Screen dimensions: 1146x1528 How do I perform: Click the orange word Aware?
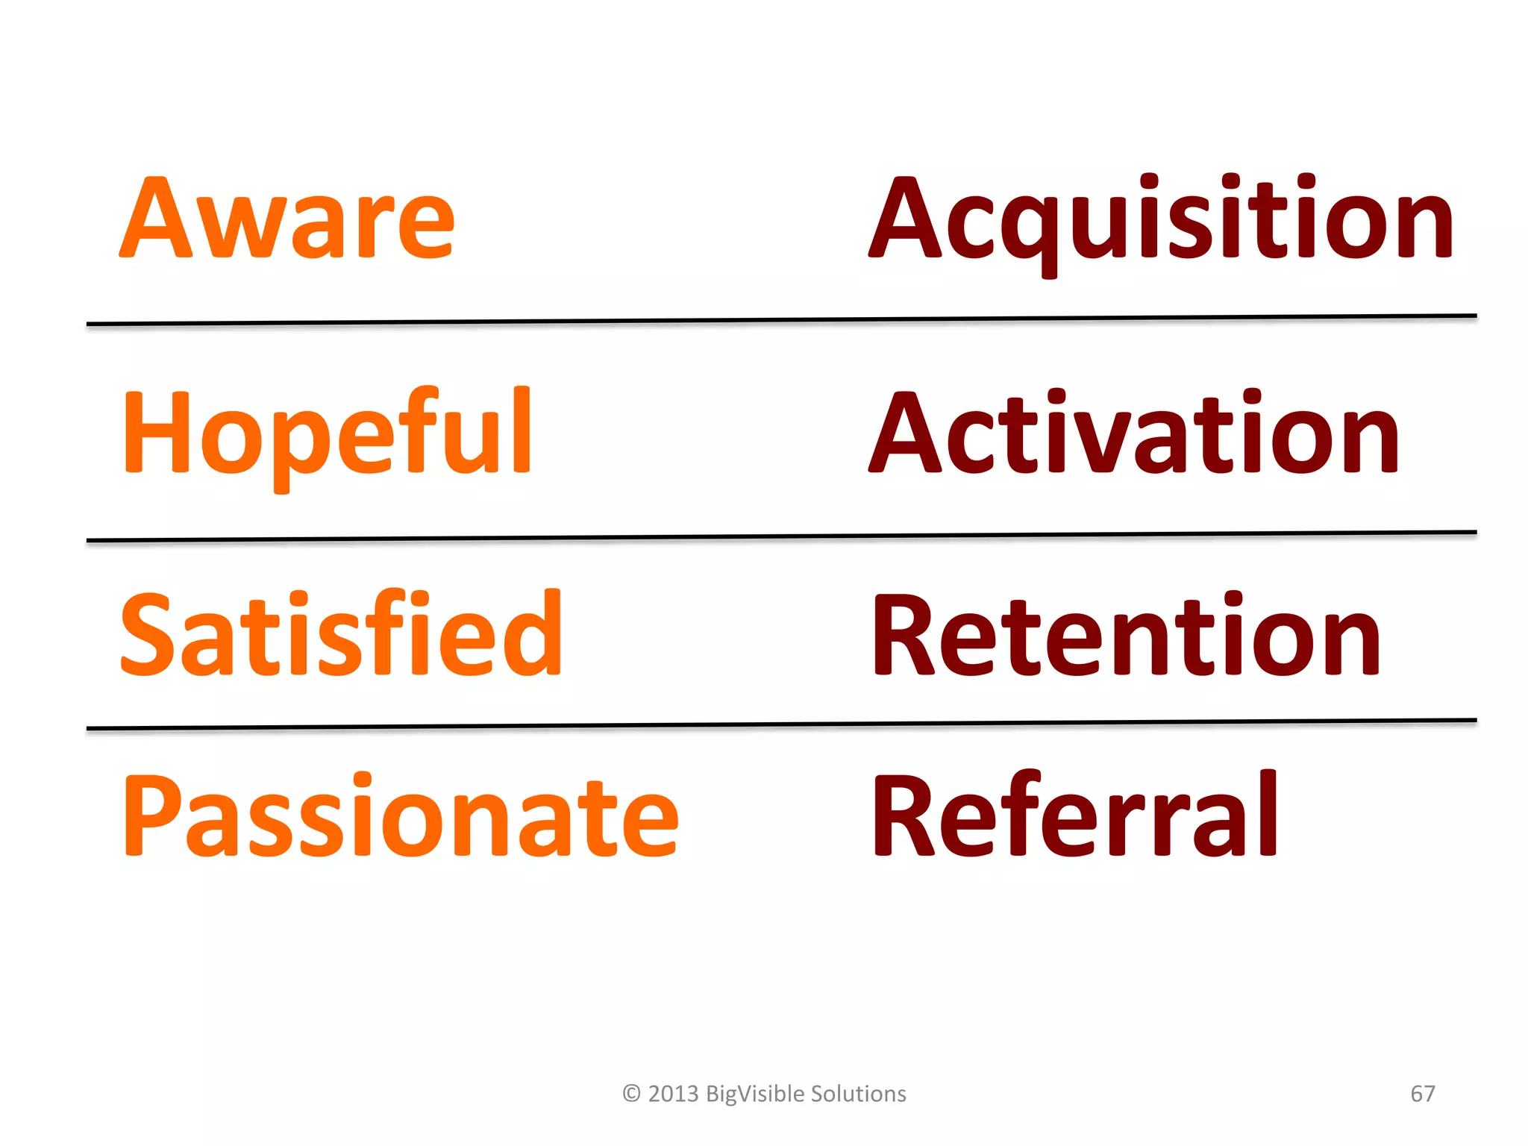pyautogui.click(x=287, y=220)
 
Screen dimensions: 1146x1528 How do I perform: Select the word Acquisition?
pyautogui.click(x=1162, y=220)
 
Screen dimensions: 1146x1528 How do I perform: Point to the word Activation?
pyautogui.click(x=1134, y=433)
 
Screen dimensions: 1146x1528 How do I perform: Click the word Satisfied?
pyautogui.click(x=341, y=634)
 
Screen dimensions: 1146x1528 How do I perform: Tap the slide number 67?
pyautogui.click(x=1422, y=1094)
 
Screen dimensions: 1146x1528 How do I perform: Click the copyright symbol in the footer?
pyautogui.click(x=631, y=1094)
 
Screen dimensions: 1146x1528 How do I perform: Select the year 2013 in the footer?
pyautogui.click(x=673, y=1094)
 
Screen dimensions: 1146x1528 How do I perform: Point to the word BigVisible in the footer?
pyautogui.click(x=754, y=1094)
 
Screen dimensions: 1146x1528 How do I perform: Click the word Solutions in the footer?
pyautogui.click(x=858, y=1094)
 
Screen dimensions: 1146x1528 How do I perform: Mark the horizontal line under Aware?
pyautogui.click(x=781, y=320)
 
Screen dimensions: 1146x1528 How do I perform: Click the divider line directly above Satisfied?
pyautogui.click(x=781, y=536)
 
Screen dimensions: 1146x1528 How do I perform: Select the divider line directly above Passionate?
pyautogui.click(x=781, y=724)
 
